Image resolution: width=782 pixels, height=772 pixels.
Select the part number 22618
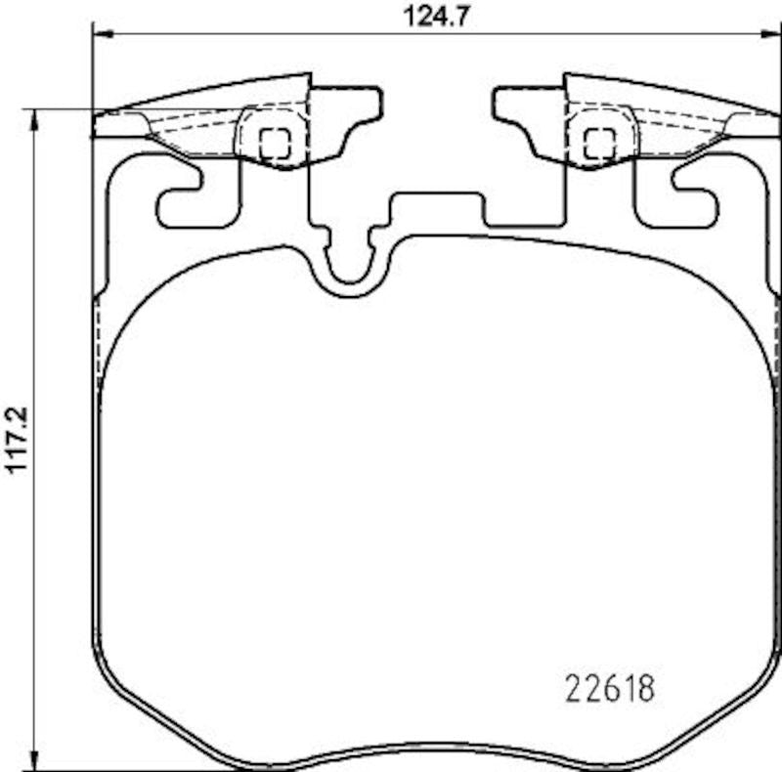coord(610,688)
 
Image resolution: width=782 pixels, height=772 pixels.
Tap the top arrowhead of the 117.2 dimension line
coord(35,117)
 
